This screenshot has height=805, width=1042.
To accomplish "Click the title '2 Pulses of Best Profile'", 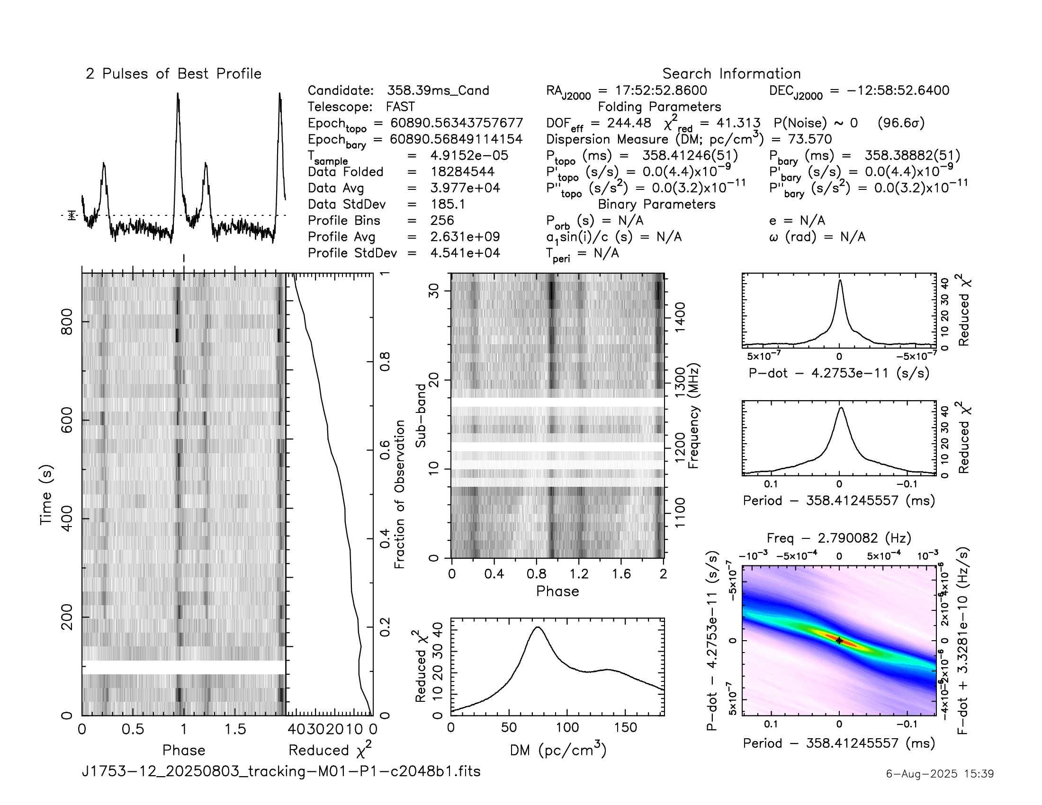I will pos(174,74).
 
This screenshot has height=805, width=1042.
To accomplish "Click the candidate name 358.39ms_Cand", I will pos(438,90).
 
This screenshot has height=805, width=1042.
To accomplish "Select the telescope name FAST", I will pos(400,107).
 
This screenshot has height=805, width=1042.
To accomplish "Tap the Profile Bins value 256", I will pos(442,220).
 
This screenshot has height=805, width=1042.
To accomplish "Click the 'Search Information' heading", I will pos(731,74).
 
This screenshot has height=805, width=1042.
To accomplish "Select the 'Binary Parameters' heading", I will pos(656,204).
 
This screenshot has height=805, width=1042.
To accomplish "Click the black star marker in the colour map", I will pos(839,641).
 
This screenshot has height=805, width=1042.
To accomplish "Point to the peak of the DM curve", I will pos(538,627).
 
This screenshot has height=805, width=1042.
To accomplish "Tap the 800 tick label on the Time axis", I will pos(67,322).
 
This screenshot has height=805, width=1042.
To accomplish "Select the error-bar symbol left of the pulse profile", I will pos(72,215).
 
